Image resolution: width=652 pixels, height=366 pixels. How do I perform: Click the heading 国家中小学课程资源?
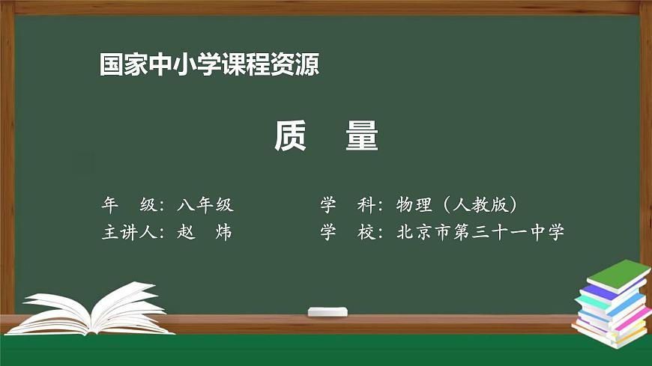pyautogui.click(x=209, y=65)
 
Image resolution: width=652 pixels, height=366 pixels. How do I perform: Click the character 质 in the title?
pyautogui.click(x=290, y=136)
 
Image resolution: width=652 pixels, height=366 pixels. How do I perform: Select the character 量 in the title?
pyautogui.click(x=362, y=136)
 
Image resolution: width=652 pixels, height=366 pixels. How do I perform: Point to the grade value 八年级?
pyautogui.click(x=206, y=204)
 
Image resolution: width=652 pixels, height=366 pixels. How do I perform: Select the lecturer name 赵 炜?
pyautogui.click(x=205, y=232)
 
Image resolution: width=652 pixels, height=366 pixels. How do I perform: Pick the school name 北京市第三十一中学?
pyautogui.click(x=480, y=232)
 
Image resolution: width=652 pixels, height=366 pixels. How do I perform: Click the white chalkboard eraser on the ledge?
pyautogui.click(x=328, y=311)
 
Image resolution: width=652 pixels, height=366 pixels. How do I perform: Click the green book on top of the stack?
pyautogui.click(x=616, y=275)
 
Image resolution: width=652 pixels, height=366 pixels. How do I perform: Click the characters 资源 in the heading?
pyautogui.click(x=301, y=65)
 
